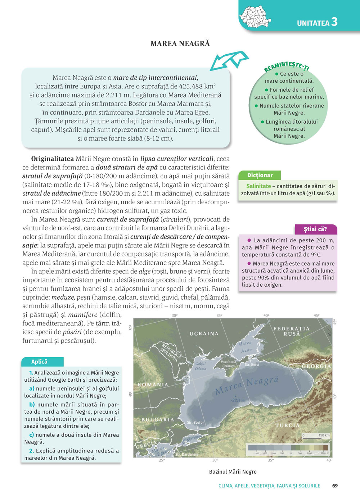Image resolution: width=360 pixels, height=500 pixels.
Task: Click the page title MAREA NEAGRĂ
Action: point(180,44)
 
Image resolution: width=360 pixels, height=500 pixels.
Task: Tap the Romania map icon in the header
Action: point(255,17)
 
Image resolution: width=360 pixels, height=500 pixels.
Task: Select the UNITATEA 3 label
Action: point(317,22)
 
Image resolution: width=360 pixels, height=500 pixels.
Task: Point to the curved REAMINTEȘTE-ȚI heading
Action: point(287,66)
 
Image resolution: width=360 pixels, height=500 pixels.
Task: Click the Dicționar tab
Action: point(260,175)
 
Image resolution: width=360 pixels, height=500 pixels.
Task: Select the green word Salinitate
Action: point(258,186)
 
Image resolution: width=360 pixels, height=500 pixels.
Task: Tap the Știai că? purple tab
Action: point(315,229)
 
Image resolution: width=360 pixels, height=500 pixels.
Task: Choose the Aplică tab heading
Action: point(40,362)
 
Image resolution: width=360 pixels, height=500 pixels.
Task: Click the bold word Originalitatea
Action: point(53,159)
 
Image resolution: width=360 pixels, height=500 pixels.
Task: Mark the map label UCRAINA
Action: point(204,334)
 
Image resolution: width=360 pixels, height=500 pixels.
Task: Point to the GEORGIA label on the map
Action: point(316,366)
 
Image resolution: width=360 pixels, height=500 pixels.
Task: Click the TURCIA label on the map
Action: point(287,425)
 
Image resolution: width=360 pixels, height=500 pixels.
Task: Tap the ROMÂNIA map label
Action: point(153,385)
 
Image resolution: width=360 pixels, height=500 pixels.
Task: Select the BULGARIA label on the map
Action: point(158,419)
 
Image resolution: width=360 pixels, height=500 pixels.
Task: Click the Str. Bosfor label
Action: point(195,422)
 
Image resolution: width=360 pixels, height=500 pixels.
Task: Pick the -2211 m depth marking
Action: point(238,400)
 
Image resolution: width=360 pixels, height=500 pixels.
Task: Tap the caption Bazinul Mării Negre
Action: point(233,472)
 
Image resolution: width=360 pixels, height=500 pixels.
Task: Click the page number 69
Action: point(335,486)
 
